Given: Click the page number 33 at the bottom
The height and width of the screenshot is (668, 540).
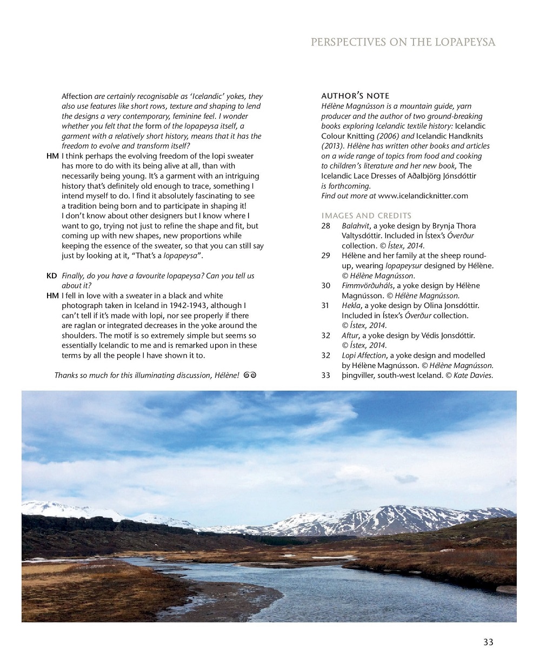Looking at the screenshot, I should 488,642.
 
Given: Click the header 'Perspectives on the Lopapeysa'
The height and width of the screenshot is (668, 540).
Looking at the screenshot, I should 403,42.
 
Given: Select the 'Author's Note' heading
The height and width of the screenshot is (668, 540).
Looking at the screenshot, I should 355,96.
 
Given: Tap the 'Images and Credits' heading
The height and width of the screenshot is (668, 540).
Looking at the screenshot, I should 366,215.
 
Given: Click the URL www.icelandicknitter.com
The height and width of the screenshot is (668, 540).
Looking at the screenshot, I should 423,196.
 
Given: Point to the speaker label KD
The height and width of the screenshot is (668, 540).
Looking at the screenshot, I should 52,276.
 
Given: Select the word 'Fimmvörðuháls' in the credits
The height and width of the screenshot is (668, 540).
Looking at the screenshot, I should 367,285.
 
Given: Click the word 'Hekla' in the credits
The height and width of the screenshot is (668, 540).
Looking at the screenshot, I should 351,305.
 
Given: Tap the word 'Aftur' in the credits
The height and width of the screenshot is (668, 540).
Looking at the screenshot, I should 350,335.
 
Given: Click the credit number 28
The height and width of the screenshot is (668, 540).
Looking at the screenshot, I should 326,225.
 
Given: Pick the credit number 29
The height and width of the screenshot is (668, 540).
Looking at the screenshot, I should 326,256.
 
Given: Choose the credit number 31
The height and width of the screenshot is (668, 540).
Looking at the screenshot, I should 325,305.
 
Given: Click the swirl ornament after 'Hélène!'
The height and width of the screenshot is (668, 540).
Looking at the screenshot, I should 250,375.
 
